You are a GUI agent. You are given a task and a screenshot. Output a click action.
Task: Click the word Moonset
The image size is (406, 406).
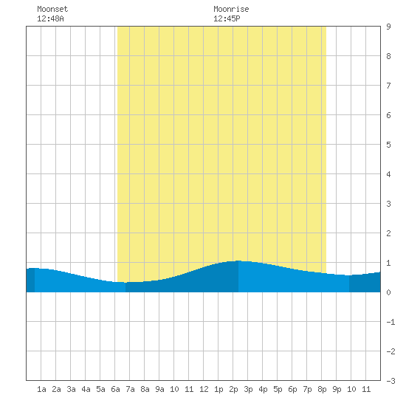tap(52, 9)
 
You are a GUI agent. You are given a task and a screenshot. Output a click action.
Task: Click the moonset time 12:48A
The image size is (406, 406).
tap(50, 18)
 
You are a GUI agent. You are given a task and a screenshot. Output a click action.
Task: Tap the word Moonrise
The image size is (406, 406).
tap(231, 9)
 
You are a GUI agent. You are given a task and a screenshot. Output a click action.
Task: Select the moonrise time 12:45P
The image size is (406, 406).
tap(227, 18)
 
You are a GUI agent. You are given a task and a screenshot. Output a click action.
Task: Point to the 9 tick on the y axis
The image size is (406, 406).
tap(388, 27)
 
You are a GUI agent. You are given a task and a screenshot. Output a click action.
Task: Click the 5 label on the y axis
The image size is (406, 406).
tap(388, 145)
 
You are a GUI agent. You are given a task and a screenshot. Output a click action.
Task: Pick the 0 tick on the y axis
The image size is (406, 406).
tap(388, 292)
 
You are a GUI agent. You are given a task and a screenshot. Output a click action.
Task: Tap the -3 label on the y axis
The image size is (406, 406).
tap(390, 381)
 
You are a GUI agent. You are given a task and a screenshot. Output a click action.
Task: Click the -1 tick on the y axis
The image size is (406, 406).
tap(390, 322)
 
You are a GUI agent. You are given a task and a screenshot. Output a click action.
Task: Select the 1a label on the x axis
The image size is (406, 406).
tap(41, 389)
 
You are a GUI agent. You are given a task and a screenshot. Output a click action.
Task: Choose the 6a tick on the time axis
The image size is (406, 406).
tap(115, 389)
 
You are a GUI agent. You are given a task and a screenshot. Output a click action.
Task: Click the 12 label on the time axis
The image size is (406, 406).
tap(204, 389)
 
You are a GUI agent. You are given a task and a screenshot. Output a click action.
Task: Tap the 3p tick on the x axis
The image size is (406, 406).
tap(248, 389)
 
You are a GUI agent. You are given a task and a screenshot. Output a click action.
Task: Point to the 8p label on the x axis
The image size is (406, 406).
tap(322, 389)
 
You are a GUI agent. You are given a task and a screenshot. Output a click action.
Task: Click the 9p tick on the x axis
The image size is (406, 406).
tap(337, 389)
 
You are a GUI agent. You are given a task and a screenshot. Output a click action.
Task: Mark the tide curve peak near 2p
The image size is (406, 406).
tap(238, 261)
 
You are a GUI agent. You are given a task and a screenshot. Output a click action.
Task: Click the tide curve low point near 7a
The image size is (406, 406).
tap(125, 283)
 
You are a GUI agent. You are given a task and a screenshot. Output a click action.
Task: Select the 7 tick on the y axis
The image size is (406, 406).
tap(388, 86)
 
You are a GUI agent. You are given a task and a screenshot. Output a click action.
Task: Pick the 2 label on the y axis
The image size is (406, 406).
tap(388, 233)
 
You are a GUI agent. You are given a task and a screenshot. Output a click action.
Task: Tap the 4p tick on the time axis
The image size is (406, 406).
tap(263, 389)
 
